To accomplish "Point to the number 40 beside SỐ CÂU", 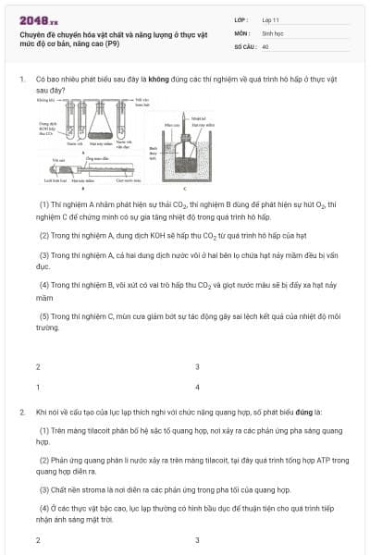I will [265, 45].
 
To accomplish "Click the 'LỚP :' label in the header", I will [241, 19].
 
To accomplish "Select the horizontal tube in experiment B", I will [88, 167].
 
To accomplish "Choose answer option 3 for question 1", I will [197, 367].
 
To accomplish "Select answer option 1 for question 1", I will [38, 388].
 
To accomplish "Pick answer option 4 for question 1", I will [197, 388].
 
